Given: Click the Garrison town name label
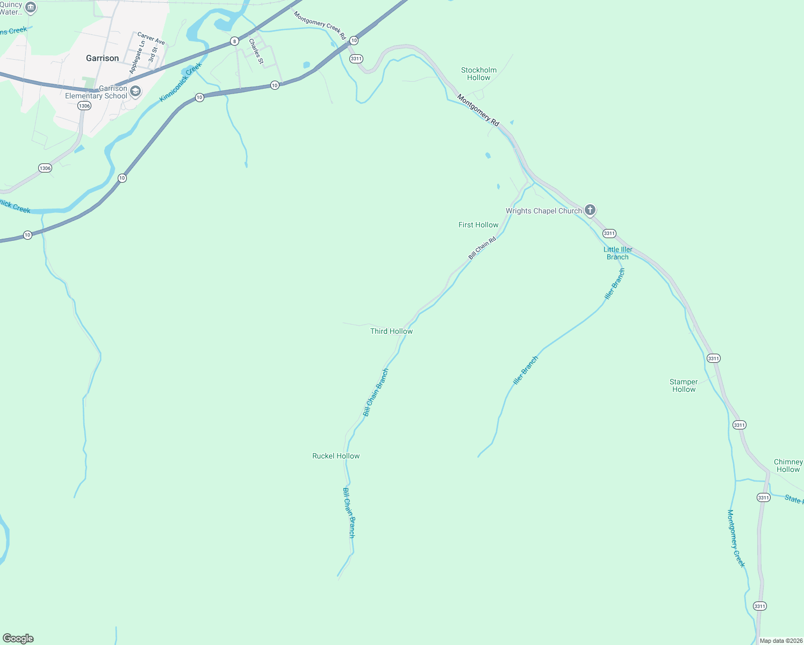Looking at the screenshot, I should click(102, 58).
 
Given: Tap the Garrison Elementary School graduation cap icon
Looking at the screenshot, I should click(135, 91).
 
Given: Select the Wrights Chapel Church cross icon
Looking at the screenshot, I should click(590, 210).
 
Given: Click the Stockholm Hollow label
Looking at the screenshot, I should click(478, 74).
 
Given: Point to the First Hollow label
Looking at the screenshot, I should click(478, 225).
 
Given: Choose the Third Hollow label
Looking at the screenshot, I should click(391, 331).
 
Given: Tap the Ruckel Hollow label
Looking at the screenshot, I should click(336, 456).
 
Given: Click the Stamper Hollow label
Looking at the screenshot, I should click(684, 385).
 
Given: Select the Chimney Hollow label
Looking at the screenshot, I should click(788, 465).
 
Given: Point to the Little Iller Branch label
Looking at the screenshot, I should click(618, 253).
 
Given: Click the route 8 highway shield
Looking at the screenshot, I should click(234, 41).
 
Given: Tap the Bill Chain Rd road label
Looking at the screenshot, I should click(482, 248).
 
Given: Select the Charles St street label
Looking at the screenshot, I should click(256, 52).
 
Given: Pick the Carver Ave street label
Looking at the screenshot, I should click(151, 38).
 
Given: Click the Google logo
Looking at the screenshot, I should click(18, 639).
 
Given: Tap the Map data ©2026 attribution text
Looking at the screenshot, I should click(781, 641).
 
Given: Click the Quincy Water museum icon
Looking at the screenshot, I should click(31, 8).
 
